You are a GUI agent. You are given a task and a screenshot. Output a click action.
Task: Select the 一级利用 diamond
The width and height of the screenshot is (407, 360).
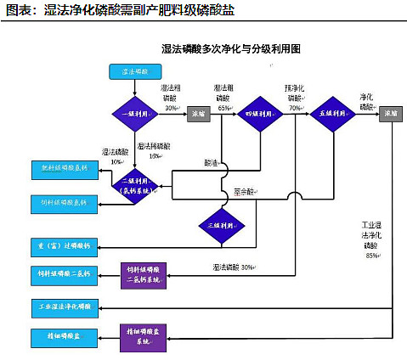136,113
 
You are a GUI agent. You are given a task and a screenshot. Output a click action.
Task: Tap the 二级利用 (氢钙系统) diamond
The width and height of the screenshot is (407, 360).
136,184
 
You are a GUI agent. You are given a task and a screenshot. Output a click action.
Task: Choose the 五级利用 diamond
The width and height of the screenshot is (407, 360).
333,113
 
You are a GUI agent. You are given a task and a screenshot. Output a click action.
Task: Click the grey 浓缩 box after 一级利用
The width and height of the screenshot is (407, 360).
199,113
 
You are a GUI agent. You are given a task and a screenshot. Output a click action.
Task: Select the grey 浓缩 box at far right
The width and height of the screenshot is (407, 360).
392,113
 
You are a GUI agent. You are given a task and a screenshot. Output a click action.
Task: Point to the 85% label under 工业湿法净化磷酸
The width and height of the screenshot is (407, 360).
371,255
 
